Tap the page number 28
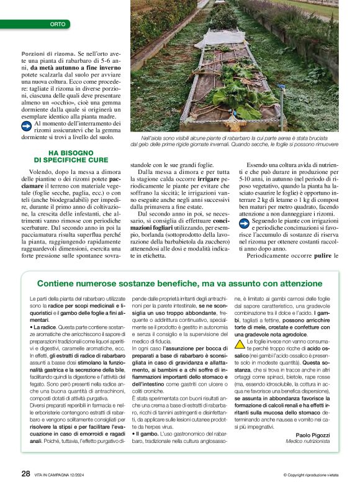[x=25, y=473]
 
